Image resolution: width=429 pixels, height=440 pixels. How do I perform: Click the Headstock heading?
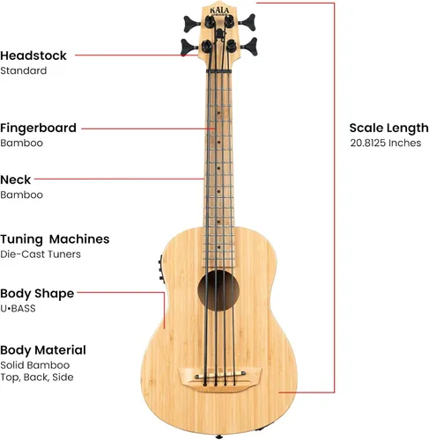[33, 55]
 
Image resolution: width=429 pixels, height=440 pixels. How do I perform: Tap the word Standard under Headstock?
[24, 70]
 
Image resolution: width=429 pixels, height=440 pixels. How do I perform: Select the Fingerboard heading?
[38, 128]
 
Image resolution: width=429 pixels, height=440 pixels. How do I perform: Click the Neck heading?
[15, 180]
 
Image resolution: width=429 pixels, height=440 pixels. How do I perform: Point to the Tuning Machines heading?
[55, 239]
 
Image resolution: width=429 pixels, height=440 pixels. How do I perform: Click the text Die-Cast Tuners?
[41, 254]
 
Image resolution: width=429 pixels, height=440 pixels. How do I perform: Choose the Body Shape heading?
[37, 294]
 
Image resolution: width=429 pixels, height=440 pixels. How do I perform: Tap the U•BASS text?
[18, 308]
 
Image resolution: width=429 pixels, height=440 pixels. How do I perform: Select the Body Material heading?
[43, 350]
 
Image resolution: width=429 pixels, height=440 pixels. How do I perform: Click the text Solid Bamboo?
[35, 365]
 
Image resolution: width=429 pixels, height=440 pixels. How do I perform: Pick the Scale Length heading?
[389, 128]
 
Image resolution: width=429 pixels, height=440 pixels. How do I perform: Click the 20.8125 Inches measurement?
[386, 143]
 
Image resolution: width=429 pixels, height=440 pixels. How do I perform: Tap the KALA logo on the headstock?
[219, 11]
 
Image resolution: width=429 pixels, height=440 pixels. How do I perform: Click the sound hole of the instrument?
[218, 290]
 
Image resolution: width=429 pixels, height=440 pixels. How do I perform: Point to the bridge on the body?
[219, 378]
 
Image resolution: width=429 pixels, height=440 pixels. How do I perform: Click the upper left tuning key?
[191, 24]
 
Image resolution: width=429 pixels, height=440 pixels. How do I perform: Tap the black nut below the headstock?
[218, 71]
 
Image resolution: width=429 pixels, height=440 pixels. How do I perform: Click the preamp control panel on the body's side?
[160, 268]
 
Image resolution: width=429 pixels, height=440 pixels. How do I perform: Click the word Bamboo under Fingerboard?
[22, 143]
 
